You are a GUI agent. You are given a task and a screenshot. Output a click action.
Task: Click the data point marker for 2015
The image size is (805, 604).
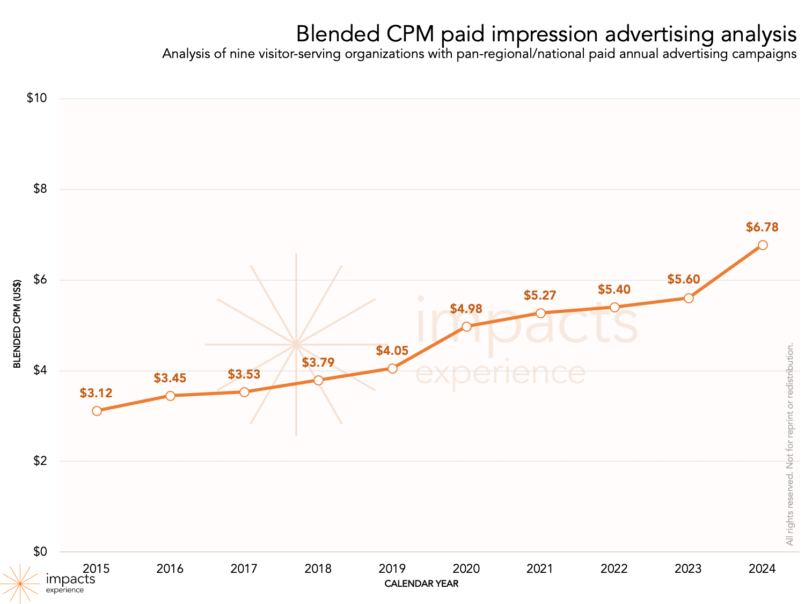[97, 411]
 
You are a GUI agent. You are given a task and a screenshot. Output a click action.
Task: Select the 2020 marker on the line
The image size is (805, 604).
[466, 326]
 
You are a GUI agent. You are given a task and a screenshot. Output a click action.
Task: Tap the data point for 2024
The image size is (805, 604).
[762, 245]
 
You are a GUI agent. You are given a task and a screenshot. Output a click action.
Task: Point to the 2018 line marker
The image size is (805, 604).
[318, 380]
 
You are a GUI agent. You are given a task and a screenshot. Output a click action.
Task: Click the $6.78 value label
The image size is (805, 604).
[762, 227]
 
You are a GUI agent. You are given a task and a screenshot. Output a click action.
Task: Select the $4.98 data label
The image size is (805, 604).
[466, 309]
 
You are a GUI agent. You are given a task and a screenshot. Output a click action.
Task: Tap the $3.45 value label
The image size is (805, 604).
[170, 378]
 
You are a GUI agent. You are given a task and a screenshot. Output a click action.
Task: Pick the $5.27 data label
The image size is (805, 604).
[540, 295]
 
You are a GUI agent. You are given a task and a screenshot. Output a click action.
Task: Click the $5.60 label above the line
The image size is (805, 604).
[684, 279]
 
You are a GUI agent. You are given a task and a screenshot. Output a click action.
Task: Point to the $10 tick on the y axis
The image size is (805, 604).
[37, 98]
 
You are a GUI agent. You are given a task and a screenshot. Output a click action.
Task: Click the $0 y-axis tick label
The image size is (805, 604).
[40, 551]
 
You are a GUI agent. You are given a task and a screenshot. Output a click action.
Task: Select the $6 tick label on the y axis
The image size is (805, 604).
[40, 280]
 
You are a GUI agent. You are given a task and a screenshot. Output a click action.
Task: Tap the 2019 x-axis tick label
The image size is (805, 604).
[392, 569]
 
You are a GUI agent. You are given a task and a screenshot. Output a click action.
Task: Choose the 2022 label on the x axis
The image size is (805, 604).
[614, 569]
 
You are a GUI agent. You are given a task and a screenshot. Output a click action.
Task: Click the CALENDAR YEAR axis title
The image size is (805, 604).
[421, 584]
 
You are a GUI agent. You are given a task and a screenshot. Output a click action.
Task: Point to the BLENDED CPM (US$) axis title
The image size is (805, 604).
[17, 324]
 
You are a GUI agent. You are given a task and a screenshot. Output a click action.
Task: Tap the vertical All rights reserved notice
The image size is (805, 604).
[789, 445]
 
